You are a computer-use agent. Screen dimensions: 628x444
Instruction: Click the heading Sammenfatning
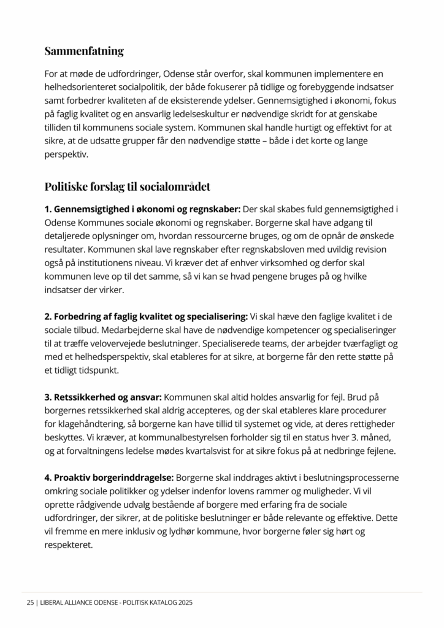(x=84, y=51)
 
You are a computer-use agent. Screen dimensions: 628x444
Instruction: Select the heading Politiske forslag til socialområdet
(x=128, y=186)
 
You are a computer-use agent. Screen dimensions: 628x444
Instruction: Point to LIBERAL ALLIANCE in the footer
(x=68, y=603)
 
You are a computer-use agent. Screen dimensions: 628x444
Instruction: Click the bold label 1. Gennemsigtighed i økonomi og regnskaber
(x=142, y=209)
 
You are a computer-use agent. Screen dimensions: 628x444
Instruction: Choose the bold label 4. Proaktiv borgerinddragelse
(x=109, y=477)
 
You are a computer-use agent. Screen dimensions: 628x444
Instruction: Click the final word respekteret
(x=68, y=545)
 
